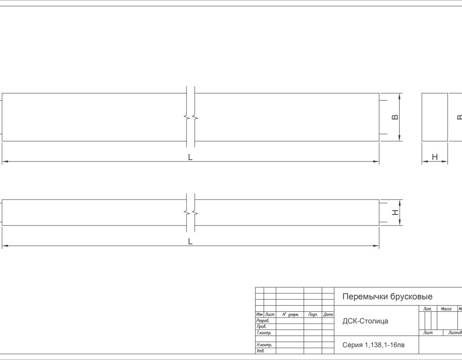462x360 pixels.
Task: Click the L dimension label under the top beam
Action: coord(190,157)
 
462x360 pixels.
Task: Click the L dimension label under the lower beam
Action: coord(190,241)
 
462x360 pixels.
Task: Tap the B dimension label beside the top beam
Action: coord(395,117)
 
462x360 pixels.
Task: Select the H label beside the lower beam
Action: coord(395,213)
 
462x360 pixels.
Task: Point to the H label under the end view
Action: coord(435,157)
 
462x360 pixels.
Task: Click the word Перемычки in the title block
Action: coord(365,296)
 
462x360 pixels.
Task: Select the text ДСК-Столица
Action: coord(365,321)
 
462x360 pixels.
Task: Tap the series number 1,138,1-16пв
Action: coord(385,345)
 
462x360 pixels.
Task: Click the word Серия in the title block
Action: coord(352,345)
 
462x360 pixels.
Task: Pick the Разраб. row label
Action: coord(263,320)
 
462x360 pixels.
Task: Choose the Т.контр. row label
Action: coord(264,333)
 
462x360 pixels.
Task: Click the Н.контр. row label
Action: coord(264,345)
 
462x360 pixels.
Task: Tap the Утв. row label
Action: coord(260,351)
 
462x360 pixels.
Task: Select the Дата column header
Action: coord(328,315)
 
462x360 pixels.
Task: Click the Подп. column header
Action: coord(313,315)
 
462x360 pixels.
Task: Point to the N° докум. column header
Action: coord(291,315)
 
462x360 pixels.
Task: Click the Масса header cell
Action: coord(446,309)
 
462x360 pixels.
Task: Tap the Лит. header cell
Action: coord(428,309)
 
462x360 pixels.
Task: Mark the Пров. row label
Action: coord(261,326)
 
